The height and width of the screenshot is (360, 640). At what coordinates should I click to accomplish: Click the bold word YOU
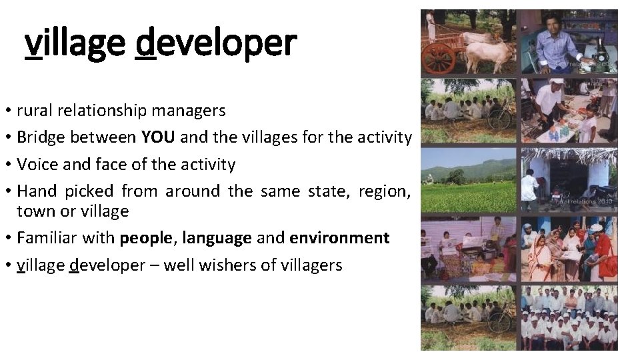click(159, 137)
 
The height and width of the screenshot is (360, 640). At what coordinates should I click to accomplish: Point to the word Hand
click(37, 191)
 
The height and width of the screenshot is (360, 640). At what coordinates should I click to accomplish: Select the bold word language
click(217, 238)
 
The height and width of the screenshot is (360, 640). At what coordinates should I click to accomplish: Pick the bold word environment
click(339, 238)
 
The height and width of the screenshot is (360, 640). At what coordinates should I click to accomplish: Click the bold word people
click(146, 238)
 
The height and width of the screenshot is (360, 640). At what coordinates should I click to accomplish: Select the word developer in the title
click(215, 43)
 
